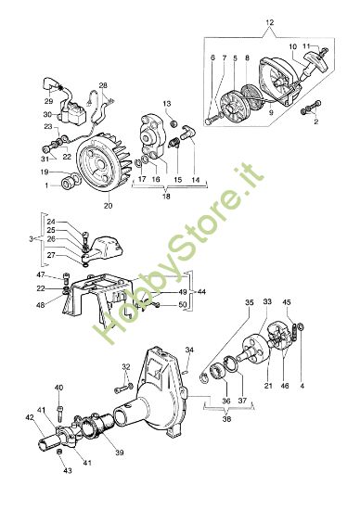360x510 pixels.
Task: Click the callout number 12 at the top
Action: [270, 20]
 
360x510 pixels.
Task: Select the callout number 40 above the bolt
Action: [58, 388]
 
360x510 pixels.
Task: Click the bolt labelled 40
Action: [58, 405]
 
